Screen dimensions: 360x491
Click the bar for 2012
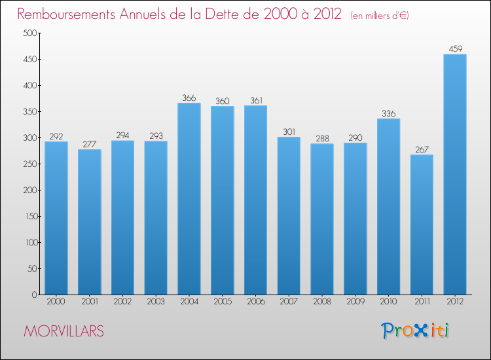coord(455,174)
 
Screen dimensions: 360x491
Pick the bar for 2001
coord(90,222)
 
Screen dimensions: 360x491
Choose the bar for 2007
coord(289,215)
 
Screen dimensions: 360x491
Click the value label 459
coord(455,48)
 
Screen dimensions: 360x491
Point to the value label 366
coord(189,98)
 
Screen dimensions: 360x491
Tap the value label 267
coord(422,149)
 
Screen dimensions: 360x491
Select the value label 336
coord(388,113)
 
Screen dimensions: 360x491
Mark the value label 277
coord(90,144)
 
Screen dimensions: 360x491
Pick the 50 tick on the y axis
coord(29,269)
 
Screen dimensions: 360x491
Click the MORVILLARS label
coord(64,331)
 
